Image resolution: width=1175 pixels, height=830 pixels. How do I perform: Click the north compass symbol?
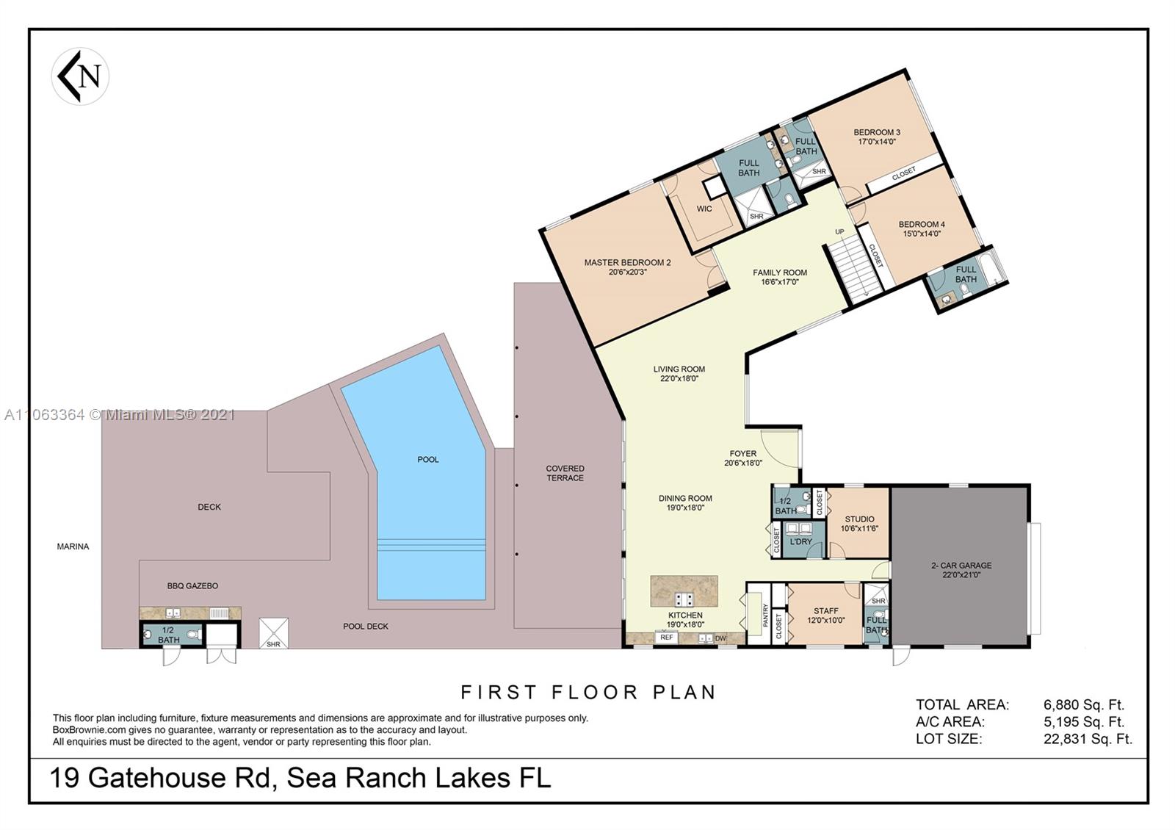[x=80, y=76]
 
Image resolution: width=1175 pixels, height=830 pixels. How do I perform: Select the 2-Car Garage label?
[x=961, y=570]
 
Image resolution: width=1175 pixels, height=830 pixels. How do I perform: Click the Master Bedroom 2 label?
[x=627, y=267]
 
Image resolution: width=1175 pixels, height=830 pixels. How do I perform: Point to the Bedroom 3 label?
[x=877, y=137]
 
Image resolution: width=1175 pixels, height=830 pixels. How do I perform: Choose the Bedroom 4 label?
[x=922, y=228]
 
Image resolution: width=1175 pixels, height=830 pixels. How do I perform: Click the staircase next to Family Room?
[x=854, y=267]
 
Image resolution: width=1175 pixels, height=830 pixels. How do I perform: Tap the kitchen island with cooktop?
[x=684, y=591]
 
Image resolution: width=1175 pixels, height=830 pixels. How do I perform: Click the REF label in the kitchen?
[x=666, y=638]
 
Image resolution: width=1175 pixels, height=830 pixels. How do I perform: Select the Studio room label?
[x=859, y=523]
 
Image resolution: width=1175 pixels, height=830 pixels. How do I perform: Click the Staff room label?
[x=826, y=615]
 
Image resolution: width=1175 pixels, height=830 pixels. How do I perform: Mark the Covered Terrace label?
[x=565, y=473]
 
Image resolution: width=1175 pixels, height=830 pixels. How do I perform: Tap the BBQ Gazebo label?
[x=192, y=586]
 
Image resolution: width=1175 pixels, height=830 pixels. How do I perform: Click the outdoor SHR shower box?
[x=273, y=634]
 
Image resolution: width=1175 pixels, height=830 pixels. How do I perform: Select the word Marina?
[x=73, y=546]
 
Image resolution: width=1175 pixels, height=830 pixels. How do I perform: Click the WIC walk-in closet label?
[x=704, y=209]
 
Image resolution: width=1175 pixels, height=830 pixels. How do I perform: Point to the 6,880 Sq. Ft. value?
[x=1084, y=705]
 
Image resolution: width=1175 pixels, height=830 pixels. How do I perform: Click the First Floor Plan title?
[x=588, y=692]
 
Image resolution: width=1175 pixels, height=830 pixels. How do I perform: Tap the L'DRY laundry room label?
[x=800, y=541]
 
